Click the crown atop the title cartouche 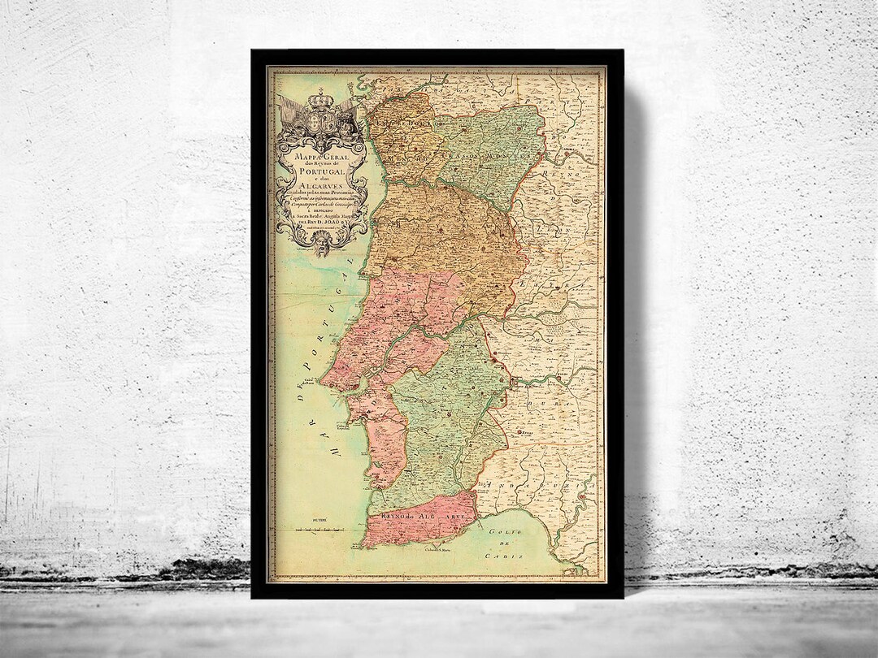pyautogui.click(x=320, y=97)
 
